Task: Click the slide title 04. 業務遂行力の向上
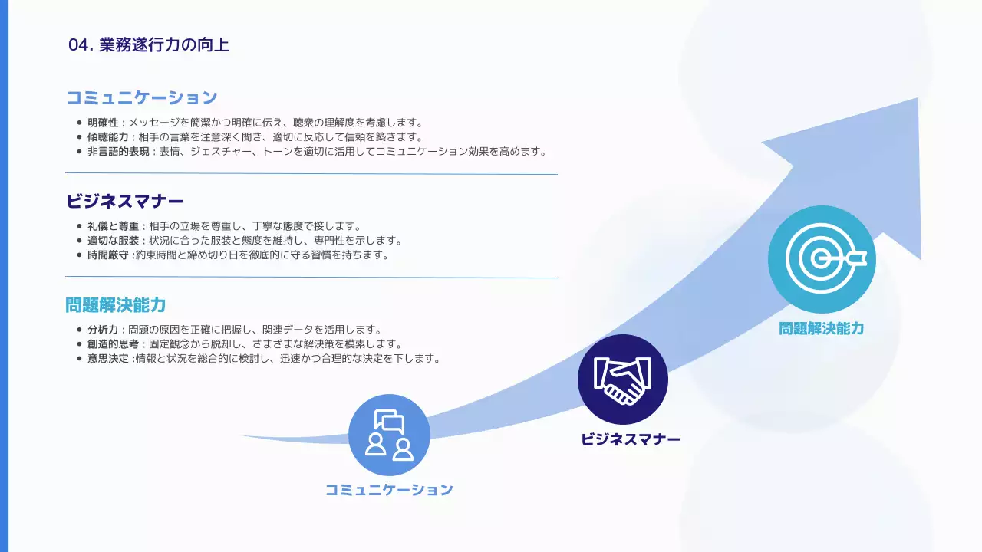click(x=149, y=44)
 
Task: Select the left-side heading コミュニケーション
click(x=142, y=98)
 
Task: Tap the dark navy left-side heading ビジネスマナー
click(x=125, y=202)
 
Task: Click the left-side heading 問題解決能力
click(x=116, y=305)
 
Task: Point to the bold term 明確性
click(x=103, y=123)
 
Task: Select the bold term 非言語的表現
click(x=119, y=152)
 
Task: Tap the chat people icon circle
click(x=389, y=435)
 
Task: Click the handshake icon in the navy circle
click(x=623, y=379)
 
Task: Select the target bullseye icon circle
click(x=822, y=260)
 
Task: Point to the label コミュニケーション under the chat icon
click(x=389, y=490)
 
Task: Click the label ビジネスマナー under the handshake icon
click(x=631, y=440)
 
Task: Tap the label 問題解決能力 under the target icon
click(x=822, y=329)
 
